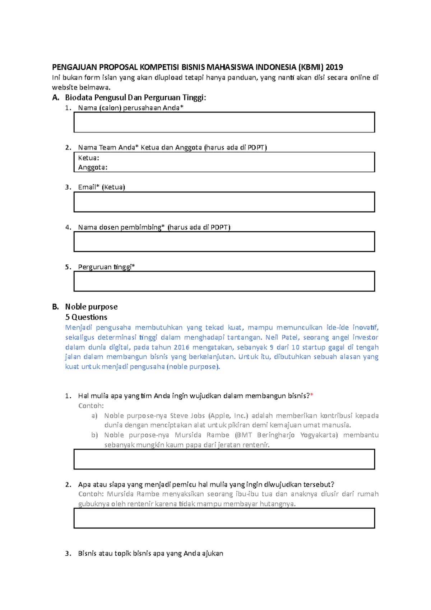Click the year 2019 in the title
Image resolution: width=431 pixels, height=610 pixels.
point(334,67)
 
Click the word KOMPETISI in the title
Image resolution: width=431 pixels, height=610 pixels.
point(159,67)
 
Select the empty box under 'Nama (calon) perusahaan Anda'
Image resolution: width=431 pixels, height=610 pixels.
point(224,123)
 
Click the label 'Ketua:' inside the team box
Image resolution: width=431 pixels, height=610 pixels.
point(88,158)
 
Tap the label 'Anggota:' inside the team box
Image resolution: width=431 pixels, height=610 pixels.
point(93,167)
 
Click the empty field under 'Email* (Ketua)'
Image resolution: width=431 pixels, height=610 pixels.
point(224,202)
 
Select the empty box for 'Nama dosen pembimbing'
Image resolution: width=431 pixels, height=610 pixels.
point(224,242)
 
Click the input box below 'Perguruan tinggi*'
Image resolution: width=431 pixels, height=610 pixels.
point(224,281)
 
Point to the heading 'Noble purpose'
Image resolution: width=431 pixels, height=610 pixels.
point(91,307)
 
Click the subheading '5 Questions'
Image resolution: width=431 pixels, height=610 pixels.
point(86,317)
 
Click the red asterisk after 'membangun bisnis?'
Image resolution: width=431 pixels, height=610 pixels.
point(312,396)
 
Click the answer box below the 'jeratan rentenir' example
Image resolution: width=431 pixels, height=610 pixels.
point(224,459)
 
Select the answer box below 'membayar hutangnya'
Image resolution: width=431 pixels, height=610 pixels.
point(224,518)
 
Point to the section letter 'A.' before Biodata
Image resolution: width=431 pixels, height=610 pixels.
point(55,98)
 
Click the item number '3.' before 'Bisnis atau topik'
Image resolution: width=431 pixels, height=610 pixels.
point(68,554)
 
